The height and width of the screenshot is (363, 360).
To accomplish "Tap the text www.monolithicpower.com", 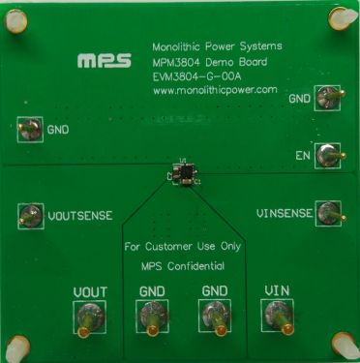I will (x=216, y=90).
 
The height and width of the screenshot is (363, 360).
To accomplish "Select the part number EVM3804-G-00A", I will (x=200, y=75).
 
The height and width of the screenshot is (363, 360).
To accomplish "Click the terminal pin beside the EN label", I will (x=331, y=153).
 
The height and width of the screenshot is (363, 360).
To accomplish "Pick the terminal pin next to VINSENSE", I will (x=331, y=212).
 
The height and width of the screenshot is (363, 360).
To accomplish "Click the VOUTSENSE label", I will (x=79, y=217).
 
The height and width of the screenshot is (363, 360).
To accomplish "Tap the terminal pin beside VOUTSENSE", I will (x=30, y=215).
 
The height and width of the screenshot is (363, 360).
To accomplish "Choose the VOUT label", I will (x=90, y=290).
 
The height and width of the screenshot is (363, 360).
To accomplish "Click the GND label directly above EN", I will (x=300, y=99).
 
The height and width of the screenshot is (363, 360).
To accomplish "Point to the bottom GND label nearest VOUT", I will (x=153, y=290).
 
